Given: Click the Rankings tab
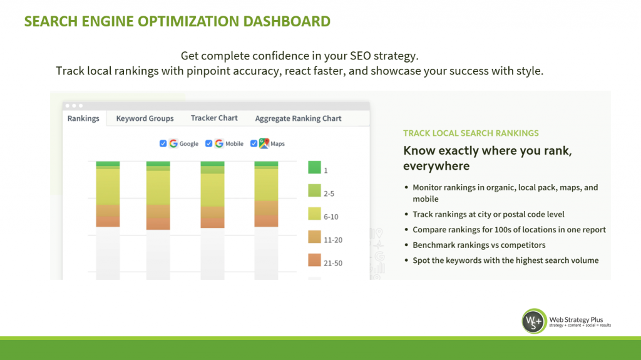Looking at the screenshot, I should [83, 118].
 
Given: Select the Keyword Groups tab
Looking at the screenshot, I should [145, 118].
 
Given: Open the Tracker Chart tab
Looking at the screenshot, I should [214, 118].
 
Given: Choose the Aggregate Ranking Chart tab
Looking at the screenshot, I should [298, 118].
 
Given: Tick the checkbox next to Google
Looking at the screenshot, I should [163, 143].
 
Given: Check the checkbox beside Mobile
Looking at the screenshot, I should [208, 143].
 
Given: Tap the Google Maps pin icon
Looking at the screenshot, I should [264, 143].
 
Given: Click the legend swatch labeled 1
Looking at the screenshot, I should [314, 168].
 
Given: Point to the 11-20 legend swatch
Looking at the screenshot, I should [314, 237].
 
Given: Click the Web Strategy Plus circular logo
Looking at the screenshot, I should [534, 321].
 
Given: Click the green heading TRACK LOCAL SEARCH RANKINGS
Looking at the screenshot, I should [471, 133].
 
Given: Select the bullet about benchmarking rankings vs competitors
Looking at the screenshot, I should [479, 245].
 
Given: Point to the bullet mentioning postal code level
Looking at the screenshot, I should [488, 214].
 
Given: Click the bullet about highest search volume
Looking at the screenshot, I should [505, 260].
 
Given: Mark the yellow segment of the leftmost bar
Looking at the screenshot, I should [108, 186].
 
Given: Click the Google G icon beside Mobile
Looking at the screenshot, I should [219, 143].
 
